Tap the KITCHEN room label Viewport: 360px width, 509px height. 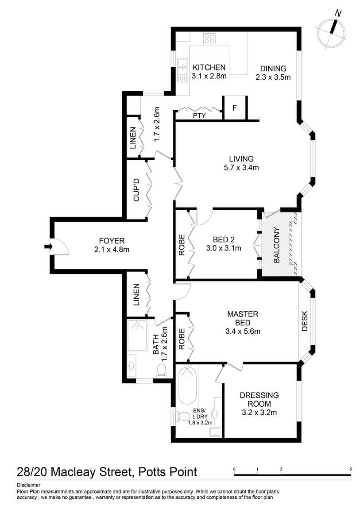(209, 68)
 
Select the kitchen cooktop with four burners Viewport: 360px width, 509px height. (209, 38)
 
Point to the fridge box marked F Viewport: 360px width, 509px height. (235, 108)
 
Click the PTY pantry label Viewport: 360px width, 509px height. (198, 116)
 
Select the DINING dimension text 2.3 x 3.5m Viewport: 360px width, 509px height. (273, 77)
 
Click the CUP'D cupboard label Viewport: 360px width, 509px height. (136, 190)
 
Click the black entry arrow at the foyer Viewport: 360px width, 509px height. (46, 247)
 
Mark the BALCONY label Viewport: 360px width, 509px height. (277, 246)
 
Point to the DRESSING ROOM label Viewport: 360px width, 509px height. (259, 399)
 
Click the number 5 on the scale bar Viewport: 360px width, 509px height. (351, 469)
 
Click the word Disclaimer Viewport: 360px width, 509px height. (28, 485)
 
